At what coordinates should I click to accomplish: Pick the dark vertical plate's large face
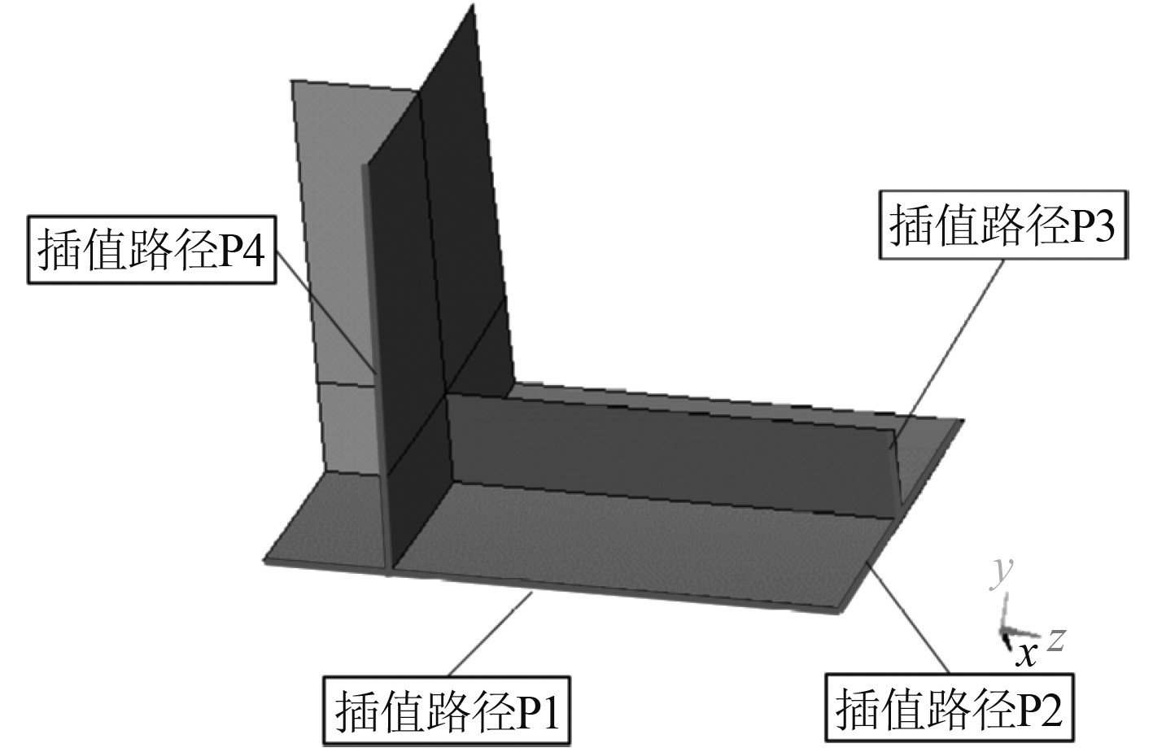pyautogui.click(x=443, y=244)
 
